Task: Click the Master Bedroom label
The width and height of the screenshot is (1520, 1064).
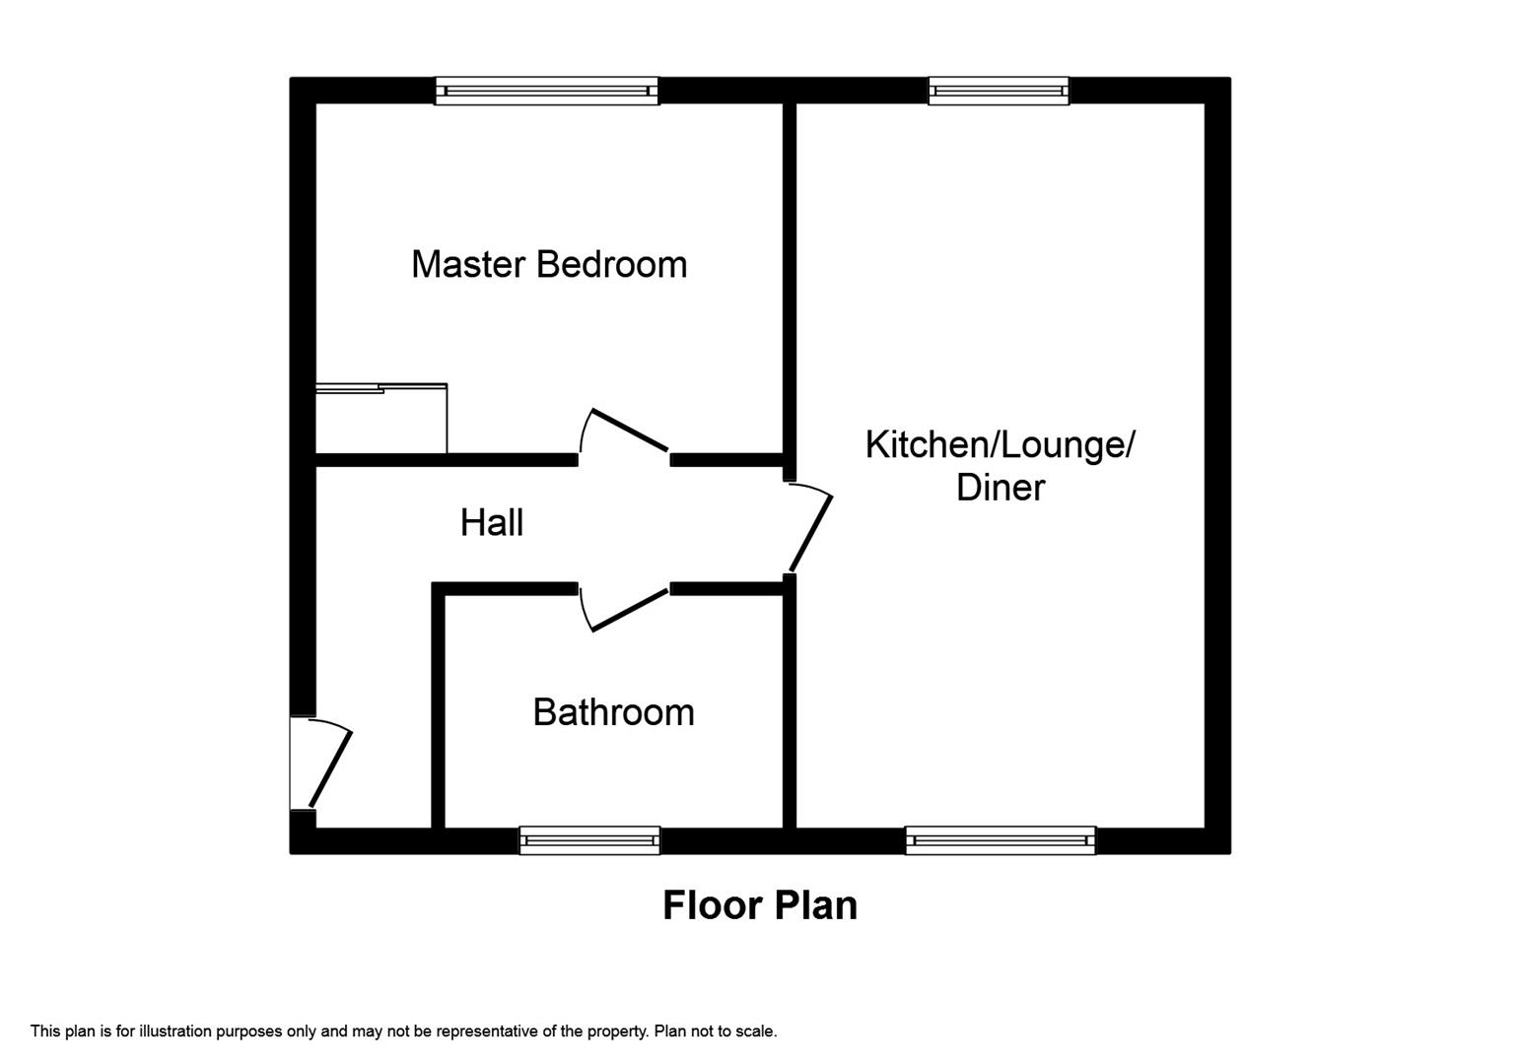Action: tap(548, 264)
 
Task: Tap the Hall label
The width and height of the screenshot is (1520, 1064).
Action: tap(491, 522)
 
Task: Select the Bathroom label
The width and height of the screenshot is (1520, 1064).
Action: tap(613, 712)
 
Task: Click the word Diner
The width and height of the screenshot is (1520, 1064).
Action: tap(1000, 488)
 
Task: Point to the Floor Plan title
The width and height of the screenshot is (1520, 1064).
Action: tap(759, 905)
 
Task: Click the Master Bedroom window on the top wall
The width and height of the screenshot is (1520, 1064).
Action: tap(546, 91)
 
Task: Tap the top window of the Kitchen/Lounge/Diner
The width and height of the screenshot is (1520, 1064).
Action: tap(999, 91)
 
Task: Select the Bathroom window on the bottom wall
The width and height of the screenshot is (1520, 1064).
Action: tap(589, 840)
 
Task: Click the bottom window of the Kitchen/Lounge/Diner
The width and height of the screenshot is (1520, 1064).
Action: tap(1000, 840)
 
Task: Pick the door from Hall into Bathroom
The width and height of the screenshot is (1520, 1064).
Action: tap(625, 609)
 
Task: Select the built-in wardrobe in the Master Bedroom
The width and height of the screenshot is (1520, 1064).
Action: tap(380, 420)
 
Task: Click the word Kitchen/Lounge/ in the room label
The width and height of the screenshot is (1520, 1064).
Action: tap(1000, 445)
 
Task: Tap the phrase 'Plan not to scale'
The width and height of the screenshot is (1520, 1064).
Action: tap(716, 1031)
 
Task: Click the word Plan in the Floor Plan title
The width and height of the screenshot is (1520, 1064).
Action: tap(814, 905)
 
